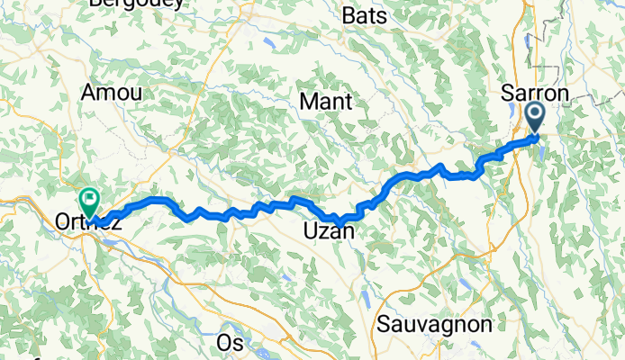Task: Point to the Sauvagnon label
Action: [x=435, y=324]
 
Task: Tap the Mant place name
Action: [x=325, y=101]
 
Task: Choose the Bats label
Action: [x=366, y=17]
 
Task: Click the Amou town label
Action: [x=112, y=93]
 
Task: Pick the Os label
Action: [x=231, y=343]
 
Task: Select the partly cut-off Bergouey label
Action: [x=137, y=4]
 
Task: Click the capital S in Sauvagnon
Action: [x=385, y=324]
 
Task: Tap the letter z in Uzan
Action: [x=318, y=233]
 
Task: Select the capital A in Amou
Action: [x=89, y=93]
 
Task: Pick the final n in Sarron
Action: [x=563, y=94]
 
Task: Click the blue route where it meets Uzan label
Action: [x=340, y=220]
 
